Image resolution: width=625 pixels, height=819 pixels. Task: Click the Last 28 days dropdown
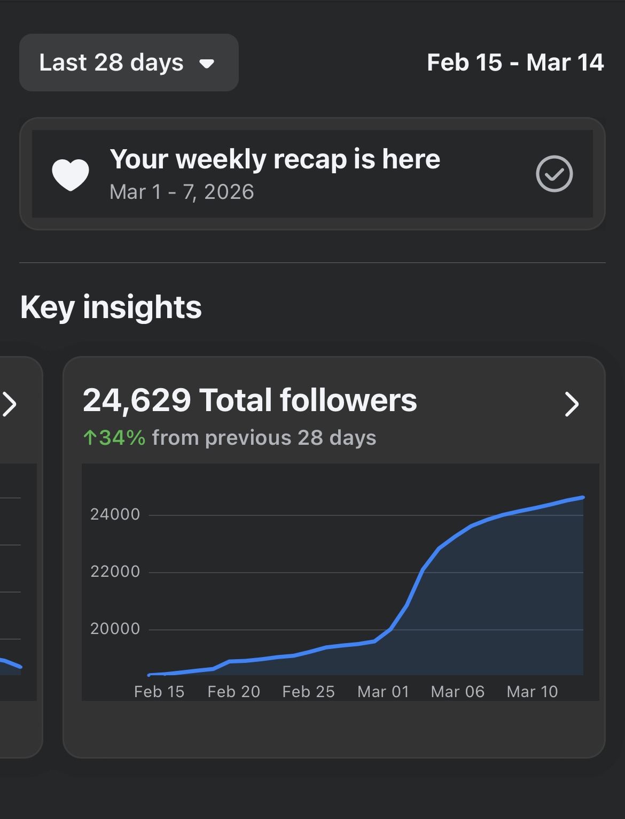click(x=128, y=63)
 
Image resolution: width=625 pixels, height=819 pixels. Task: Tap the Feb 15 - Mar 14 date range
click(x=515, y=63)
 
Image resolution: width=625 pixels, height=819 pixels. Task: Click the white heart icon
click(x=70, y=174)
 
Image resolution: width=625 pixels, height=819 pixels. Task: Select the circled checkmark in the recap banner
click(x=554, y=174)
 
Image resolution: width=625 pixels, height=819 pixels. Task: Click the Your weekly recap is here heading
click(x=275, y=159)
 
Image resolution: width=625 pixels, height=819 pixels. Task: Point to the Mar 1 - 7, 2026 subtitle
click(x=182, y=192)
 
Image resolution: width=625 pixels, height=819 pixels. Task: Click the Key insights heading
click(x=111, y=307)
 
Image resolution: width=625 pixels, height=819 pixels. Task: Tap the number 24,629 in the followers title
click(x=137, y=400)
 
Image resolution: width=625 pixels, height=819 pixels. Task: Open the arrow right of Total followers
click(x=572, y=404)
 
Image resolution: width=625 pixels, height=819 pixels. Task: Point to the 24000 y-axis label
click(x=115, y=514)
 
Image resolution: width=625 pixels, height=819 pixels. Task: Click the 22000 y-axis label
click(x=115, y=571)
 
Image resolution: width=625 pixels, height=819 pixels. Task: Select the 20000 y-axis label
click(x=115, y=629)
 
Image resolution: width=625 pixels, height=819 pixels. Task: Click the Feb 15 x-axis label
click(x=159, y=692)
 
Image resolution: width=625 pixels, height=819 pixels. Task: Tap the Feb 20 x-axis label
click(x=233, y=692)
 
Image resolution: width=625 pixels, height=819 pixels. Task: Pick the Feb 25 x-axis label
click(x=308, y=692)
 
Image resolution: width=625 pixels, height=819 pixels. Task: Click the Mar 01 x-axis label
click(x=383, y=692)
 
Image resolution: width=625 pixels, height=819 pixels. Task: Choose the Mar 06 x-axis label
click(x=458, y=692)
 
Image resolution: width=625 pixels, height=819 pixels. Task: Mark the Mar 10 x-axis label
click(x=532, y=692)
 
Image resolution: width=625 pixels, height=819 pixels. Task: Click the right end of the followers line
click(x=582, y=498)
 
